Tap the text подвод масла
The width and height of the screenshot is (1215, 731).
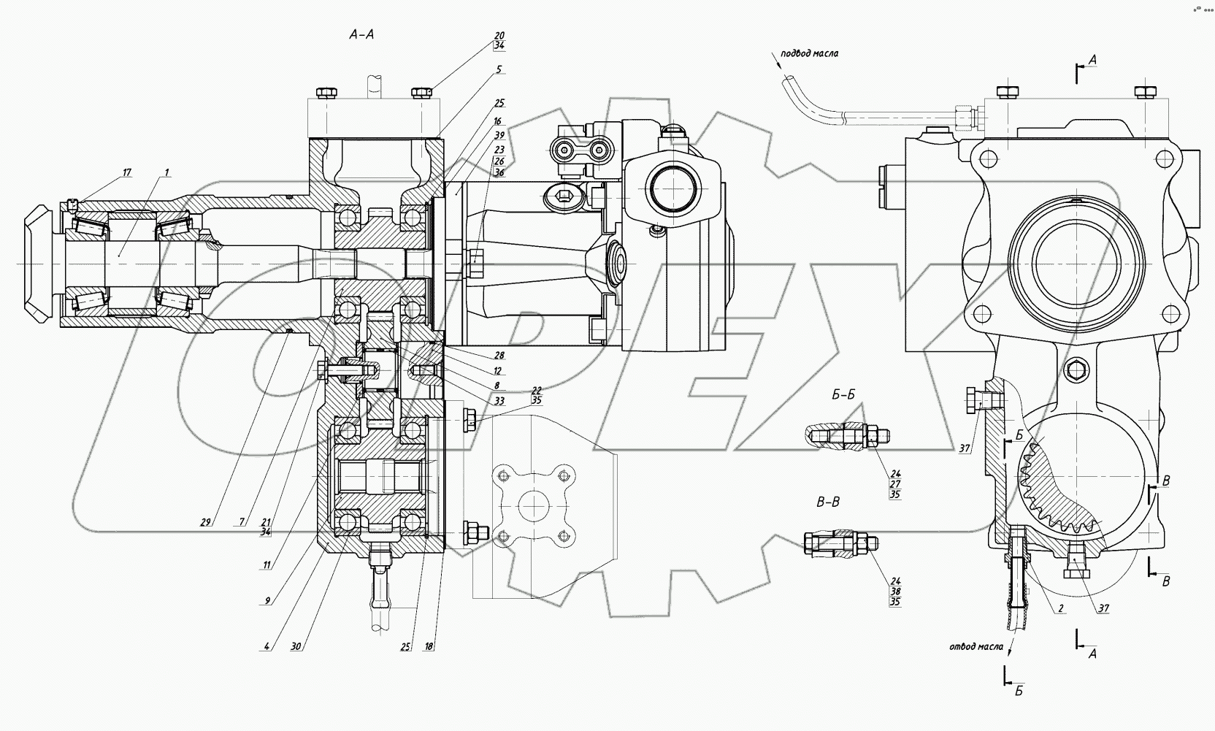[x=809, y=53]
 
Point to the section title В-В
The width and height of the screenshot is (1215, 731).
[x=827, y=502]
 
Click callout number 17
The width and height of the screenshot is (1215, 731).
[x=126, y=172]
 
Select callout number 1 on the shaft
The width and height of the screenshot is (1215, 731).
[x=166, y=172]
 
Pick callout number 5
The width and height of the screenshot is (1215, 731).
[x=499, y=70]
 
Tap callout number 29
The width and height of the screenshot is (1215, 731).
[x=205, y=521]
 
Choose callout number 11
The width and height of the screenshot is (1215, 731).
[x=267, y=564]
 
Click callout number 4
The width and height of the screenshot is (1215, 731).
[x=267, y=646]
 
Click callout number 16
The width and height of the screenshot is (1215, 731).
[x=498, y=120]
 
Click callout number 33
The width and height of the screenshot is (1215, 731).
[x=499, y=400]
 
